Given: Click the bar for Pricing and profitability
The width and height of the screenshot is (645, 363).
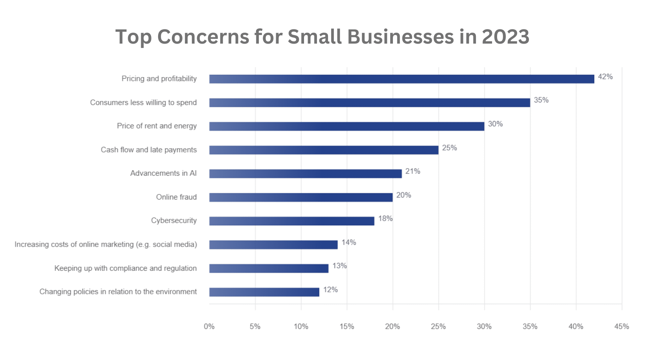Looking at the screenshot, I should pos(401,79).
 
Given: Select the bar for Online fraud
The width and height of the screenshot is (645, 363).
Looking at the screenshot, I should pos(301,197).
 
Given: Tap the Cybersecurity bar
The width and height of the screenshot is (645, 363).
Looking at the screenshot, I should pos(291,221).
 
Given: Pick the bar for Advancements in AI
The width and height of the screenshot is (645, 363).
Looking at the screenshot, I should pos(305,174).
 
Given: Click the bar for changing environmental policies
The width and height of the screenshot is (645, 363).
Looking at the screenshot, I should pos(264,292).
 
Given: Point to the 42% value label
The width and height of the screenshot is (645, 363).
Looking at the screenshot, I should pos(605,77).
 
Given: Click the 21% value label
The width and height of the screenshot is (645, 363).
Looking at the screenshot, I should pos(413,171).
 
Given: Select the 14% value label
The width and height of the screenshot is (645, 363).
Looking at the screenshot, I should pos(348,242).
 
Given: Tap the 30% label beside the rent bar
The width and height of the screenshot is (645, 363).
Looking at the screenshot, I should pos(495,124).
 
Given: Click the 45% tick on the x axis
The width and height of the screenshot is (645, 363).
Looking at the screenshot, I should pos(621,326).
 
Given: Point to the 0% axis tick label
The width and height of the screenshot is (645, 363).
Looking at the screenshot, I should pos(209,326).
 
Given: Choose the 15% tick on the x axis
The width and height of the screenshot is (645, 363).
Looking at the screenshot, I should pos(346,326).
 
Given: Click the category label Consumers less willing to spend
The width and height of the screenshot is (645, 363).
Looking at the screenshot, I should pos(143,103).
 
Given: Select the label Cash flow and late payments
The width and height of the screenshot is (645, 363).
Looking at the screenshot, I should pos(149,150).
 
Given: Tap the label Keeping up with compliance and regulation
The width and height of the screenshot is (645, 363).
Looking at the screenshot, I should pos(125,268).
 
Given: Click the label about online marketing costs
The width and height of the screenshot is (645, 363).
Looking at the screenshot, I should pos(106,244).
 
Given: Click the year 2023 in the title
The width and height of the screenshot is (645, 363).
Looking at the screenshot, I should pos(505,37).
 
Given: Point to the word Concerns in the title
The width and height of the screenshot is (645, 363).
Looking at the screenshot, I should pos(203,37).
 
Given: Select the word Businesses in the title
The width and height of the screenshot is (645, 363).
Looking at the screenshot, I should pos(400,37).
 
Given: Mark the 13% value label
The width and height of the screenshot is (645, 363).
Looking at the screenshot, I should pos(339,266).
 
